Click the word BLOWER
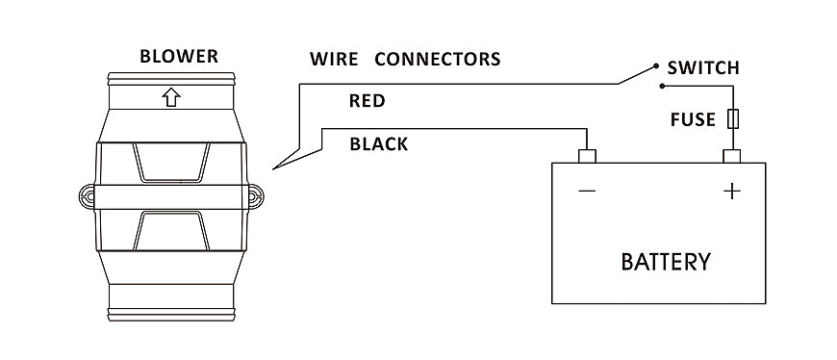click(179, 56)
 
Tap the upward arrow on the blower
click(171, 97)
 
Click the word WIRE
click(334, 59)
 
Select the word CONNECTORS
click(437, 59)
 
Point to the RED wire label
click(368, 101)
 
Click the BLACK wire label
click(379, 144)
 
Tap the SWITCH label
click(703, 67)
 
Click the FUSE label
click(693, 119)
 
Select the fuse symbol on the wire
click(733, 119)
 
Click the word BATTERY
click(666, 262)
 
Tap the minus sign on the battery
click(587, 191)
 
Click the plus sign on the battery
click(732, 191)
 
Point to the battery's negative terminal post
click(587, 156)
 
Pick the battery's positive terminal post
click(731, 156)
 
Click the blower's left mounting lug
click(87, 196)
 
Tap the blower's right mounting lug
click(256, 196)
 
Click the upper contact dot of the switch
click(656, 66)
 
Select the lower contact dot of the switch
click(662, 86)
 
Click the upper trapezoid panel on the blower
click(171, 163)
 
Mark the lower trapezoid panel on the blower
click(171, 231)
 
